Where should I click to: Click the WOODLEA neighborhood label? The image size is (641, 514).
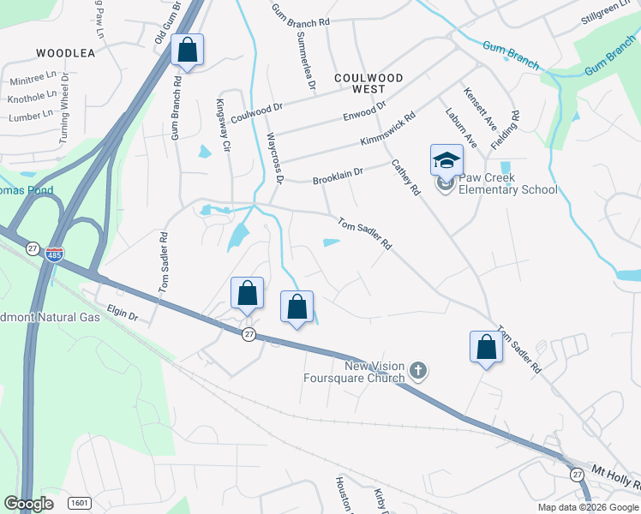(x=65, y=53)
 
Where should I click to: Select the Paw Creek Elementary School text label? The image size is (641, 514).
(x=507, y=184)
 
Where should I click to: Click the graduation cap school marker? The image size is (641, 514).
(x=446, y=160)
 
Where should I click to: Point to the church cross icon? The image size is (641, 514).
(x=418, y=371)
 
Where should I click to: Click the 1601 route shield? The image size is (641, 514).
(x=79, y=503)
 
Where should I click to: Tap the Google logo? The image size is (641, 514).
(x=28, y=503)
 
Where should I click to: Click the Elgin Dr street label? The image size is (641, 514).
(x=122, y=314)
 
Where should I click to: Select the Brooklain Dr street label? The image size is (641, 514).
(x=338, y=176)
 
